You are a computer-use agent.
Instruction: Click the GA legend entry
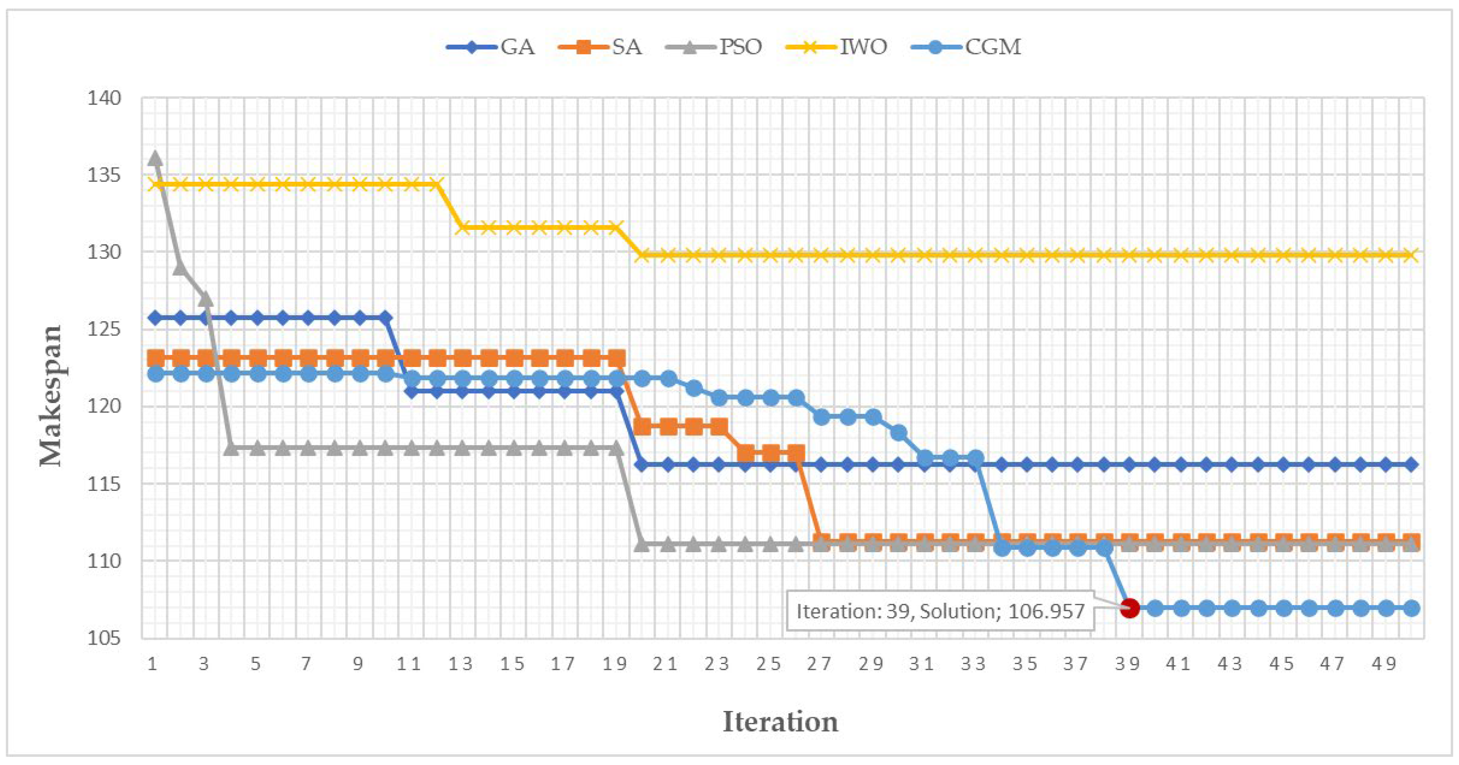point(490,47)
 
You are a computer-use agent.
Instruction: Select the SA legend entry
point(600,47)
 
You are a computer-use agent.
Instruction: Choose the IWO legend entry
point(836,47)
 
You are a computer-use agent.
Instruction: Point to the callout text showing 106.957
point(940,611)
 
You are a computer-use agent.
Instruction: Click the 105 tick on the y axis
point(104,638)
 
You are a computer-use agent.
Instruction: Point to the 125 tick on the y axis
point(104,330)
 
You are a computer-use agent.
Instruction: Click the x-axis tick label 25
point(769,663)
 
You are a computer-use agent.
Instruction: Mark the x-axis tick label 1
point(152,663)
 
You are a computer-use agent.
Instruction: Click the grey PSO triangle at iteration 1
point(155,158)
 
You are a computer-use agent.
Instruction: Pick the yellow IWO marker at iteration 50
point(1412,255)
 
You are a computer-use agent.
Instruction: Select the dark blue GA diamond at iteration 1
point(155,318)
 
